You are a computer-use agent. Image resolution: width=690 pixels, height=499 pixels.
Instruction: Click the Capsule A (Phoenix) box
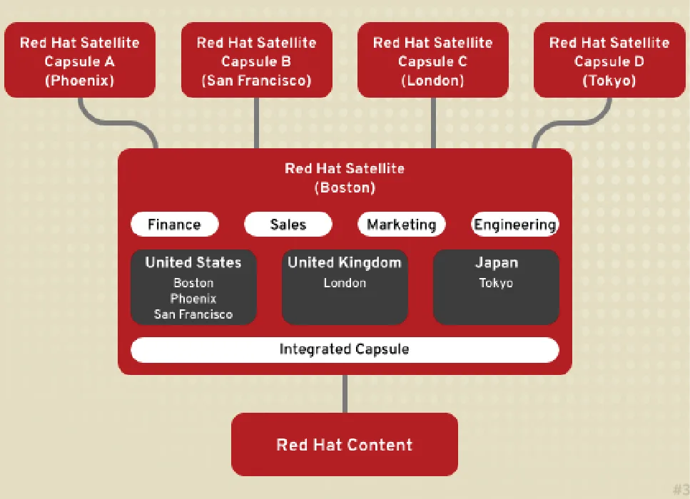(x=80, y=61)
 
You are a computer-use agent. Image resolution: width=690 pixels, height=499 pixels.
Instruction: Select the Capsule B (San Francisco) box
(x=256, y=61)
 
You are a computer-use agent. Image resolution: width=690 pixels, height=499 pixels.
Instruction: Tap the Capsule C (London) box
(x=432, y=61)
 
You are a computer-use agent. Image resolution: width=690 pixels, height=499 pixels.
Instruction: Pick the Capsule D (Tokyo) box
(x=609, y=61)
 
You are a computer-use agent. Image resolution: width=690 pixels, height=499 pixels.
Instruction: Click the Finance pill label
(x=174, y=225)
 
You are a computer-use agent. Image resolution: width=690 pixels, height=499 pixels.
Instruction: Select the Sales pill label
(x=288, y=225)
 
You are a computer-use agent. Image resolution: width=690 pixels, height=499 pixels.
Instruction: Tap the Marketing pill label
(x=401, y=225)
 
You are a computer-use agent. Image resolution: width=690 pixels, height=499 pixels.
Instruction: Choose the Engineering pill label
(x=515, y=225)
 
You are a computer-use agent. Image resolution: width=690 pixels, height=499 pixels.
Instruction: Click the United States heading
(x=193, y=262)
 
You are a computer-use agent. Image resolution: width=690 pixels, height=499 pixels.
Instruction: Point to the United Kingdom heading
(x=345, y=262)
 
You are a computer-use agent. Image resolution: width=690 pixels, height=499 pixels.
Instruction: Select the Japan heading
(x=497, y=262)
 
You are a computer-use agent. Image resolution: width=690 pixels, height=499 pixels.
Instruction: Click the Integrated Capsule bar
(x=345, y=349)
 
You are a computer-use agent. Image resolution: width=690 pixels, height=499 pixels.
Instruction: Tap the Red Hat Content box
(x=345, y=445)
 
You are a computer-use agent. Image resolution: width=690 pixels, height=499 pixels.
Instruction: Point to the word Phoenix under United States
(x=193, y=299)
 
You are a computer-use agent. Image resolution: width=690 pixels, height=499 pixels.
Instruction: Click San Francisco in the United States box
(x=193, y=314)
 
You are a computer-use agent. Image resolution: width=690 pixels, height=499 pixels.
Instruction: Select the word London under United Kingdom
(x=345, y=283)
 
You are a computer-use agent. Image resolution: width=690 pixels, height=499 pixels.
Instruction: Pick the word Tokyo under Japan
(x=497, y=283)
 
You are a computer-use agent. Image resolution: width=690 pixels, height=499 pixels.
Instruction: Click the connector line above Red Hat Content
(x=345, y=393)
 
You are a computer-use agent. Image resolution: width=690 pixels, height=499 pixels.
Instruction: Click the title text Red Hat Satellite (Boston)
(x=345, y=178)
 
